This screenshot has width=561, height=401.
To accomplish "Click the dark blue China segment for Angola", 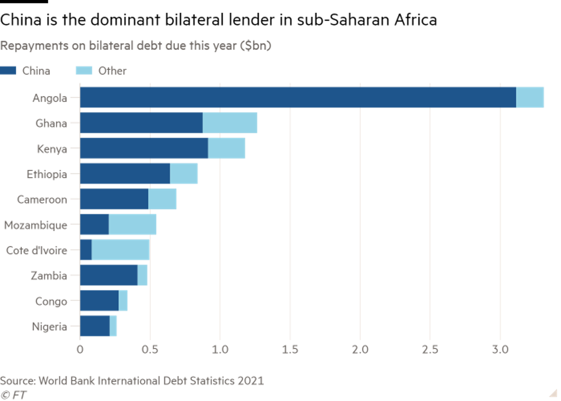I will click(297, 98).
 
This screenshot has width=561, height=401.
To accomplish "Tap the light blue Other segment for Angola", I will click(530, 98).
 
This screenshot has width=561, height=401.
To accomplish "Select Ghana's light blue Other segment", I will click(230, 123).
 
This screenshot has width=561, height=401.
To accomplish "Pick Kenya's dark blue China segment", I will click(144, 148).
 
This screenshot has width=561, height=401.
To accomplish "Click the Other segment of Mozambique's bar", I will click(133, 224).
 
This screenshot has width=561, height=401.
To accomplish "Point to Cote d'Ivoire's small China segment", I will click(86, 250).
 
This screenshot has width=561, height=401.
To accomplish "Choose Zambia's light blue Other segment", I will click(143, 275).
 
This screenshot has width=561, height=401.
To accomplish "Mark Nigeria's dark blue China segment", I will click(95, 326).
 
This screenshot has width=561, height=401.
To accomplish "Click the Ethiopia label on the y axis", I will click(47, 174).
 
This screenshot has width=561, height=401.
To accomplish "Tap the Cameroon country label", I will click(42, 200).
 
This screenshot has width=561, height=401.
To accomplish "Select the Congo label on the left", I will click(51, 301).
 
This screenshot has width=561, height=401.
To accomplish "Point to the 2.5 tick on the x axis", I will click(430, 350).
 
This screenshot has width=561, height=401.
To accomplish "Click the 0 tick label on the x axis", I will click(80, 350).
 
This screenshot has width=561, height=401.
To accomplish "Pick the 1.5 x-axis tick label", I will click(290, 350).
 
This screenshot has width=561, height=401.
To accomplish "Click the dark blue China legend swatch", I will click(8, 70).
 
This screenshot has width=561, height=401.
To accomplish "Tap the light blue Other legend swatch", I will click(84, 70).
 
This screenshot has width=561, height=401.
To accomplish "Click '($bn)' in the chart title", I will click(256, 46).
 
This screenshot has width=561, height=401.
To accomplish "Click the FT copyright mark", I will click(14, 395).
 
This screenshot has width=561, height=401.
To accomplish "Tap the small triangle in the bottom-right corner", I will click(553, 393).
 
